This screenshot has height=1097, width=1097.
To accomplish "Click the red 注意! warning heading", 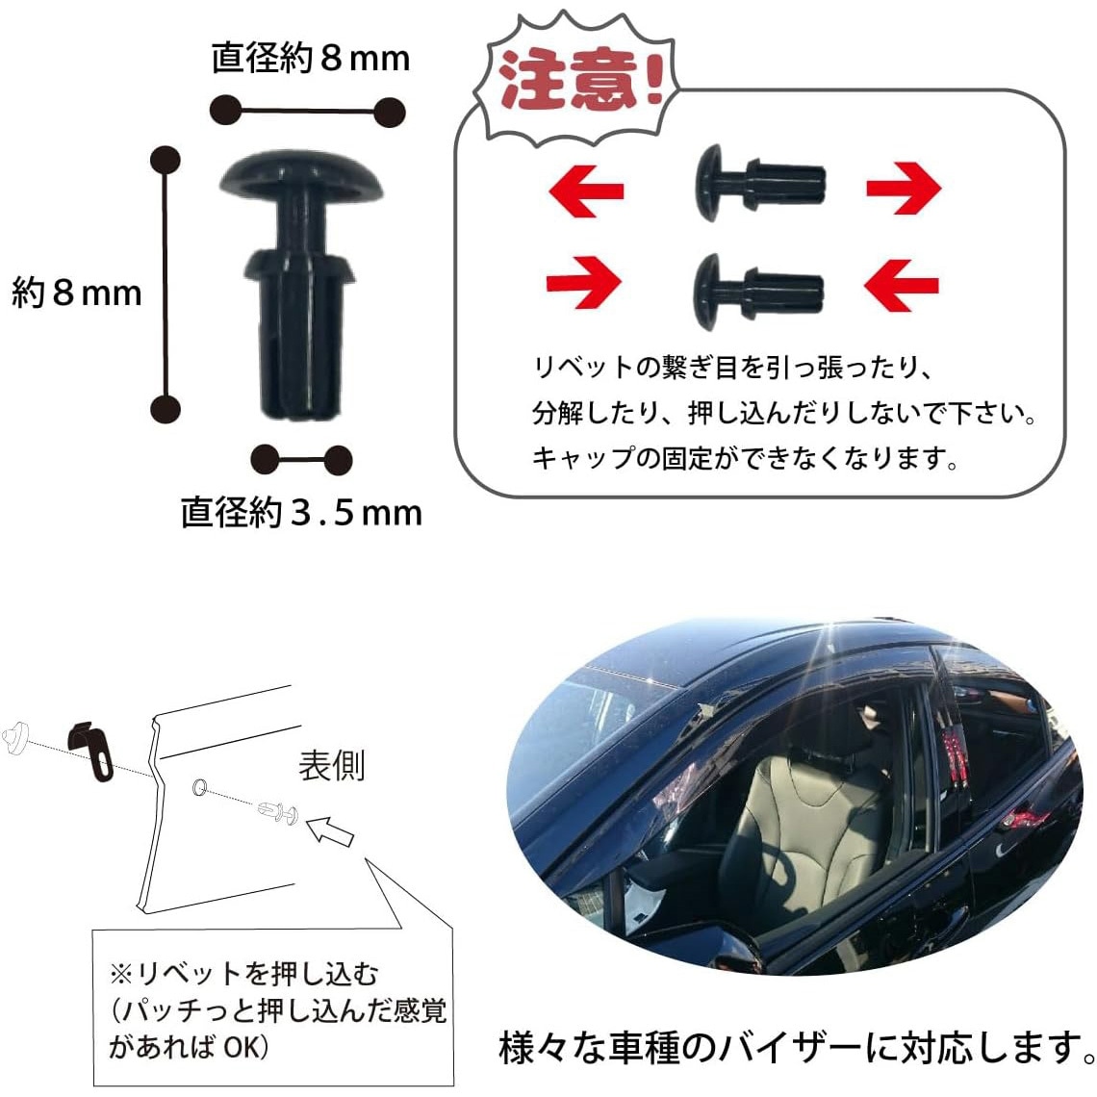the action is (x=579, y=81).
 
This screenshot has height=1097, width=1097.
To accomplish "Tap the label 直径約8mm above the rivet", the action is (x=311, y=58).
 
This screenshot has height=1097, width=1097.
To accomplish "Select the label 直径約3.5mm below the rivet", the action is (x=301, y=512).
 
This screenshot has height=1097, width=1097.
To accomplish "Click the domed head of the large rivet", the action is (x=301, y=173).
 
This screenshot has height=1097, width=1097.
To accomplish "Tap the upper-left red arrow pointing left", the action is (x=586, y=191).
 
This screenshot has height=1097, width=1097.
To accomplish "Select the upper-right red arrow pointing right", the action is (x=904, y=189).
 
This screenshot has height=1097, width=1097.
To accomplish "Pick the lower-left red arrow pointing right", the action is (x=583, y=283).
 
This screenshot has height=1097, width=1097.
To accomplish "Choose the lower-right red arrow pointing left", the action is (x=901, y=285).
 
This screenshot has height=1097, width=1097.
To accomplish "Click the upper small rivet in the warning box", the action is (x=760, y=183).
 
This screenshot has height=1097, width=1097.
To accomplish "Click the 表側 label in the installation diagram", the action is (x=332, y=766).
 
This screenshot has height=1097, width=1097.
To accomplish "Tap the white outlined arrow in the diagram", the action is (x=330, y=830).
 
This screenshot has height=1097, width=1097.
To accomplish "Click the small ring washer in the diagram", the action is (x=199, y=787).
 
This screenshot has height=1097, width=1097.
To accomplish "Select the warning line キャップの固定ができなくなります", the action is (x=746, y=458).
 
